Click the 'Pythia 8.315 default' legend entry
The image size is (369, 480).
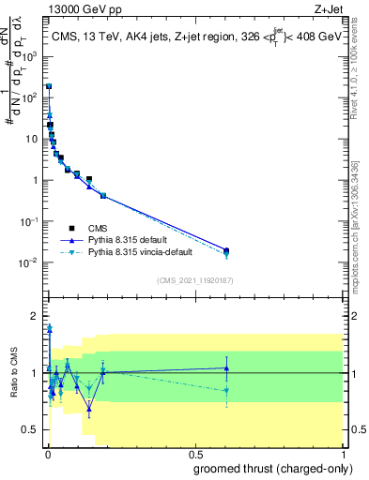tap(130, 240)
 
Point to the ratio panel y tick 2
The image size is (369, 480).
tap(34, 315)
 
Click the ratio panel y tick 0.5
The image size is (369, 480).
tap(30, 429)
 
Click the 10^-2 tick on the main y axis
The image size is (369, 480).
tap(29, 262)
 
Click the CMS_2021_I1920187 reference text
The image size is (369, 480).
tap(194, 280)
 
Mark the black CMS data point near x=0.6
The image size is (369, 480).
tap(225, 250)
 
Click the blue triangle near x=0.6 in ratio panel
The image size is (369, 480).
tap(225, 367)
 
